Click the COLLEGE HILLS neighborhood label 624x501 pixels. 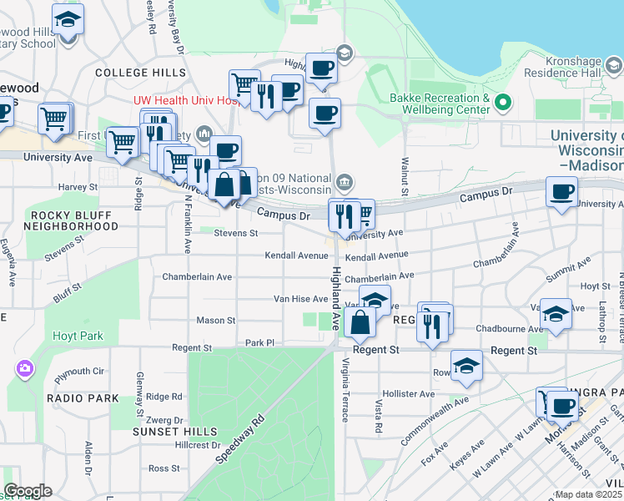tap(140, 73)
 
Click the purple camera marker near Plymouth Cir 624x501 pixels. tap(24, 367)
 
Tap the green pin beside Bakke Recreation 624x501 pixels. tap(502, 104)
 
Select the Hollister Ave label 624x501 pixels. tap(408, 393)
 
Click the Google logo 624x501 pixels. tap(28, 491)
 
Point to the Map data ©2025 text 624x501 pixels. tap(589, 494)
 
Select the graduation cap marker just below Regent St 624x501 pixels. tap(466, 366)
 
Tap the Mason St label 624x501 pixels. tap(216, 320)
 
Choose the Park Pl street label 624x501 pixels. tap(259, 342)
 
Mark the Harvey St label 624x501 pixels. tap(73, 186)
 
